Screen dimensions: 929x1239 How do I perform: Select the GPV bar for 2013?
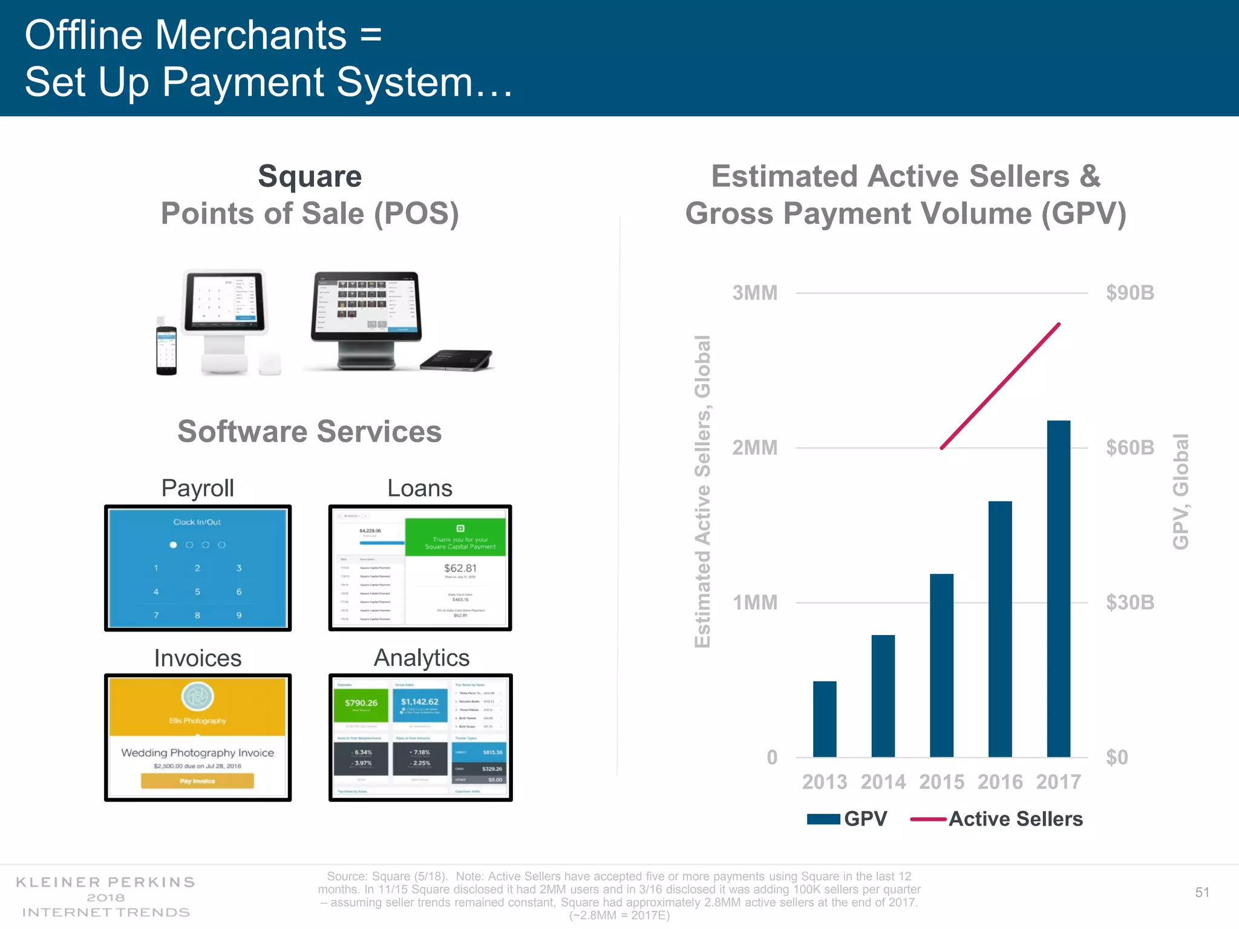point(825,719)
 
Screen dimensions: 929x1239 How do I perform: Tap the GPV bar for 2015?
point(941,665)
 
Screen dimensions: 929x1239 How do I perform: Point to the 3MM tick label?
point(754,293)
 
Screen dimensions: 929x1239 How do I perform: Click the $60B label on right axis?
point(1129,448)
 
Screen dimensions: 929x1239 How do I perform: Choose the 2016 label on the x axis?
point(999,782)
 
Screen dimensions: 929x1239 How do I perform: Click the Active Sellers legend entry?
point(1015,819)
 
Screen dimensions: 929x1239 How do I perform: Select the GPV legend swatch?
point(823,819)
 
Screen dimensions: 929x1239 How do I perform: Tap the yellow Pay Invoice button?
point(197,781)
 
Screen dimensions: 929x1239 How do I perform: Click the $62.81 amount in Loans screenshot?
point(460,568)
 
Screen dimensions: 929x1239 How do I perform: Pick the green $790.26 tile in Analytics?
point(361,703)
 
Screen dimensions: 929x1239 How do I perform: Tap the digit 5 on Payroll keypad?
point(197,592)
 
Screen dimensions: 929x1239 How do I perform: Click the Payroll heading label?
point(197,488)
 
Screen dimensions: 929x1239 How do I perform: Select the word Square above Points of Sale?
point(310,177)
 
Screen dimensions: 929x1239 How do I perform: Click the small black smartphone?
point(166,350)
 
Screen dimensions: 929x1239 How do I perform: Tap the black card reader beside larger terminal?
point(457,360)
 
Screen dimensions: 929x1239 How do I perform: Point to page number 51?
point(1201,892)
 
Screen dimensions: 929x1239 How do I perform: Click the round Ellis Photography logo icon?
point(197,697)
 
